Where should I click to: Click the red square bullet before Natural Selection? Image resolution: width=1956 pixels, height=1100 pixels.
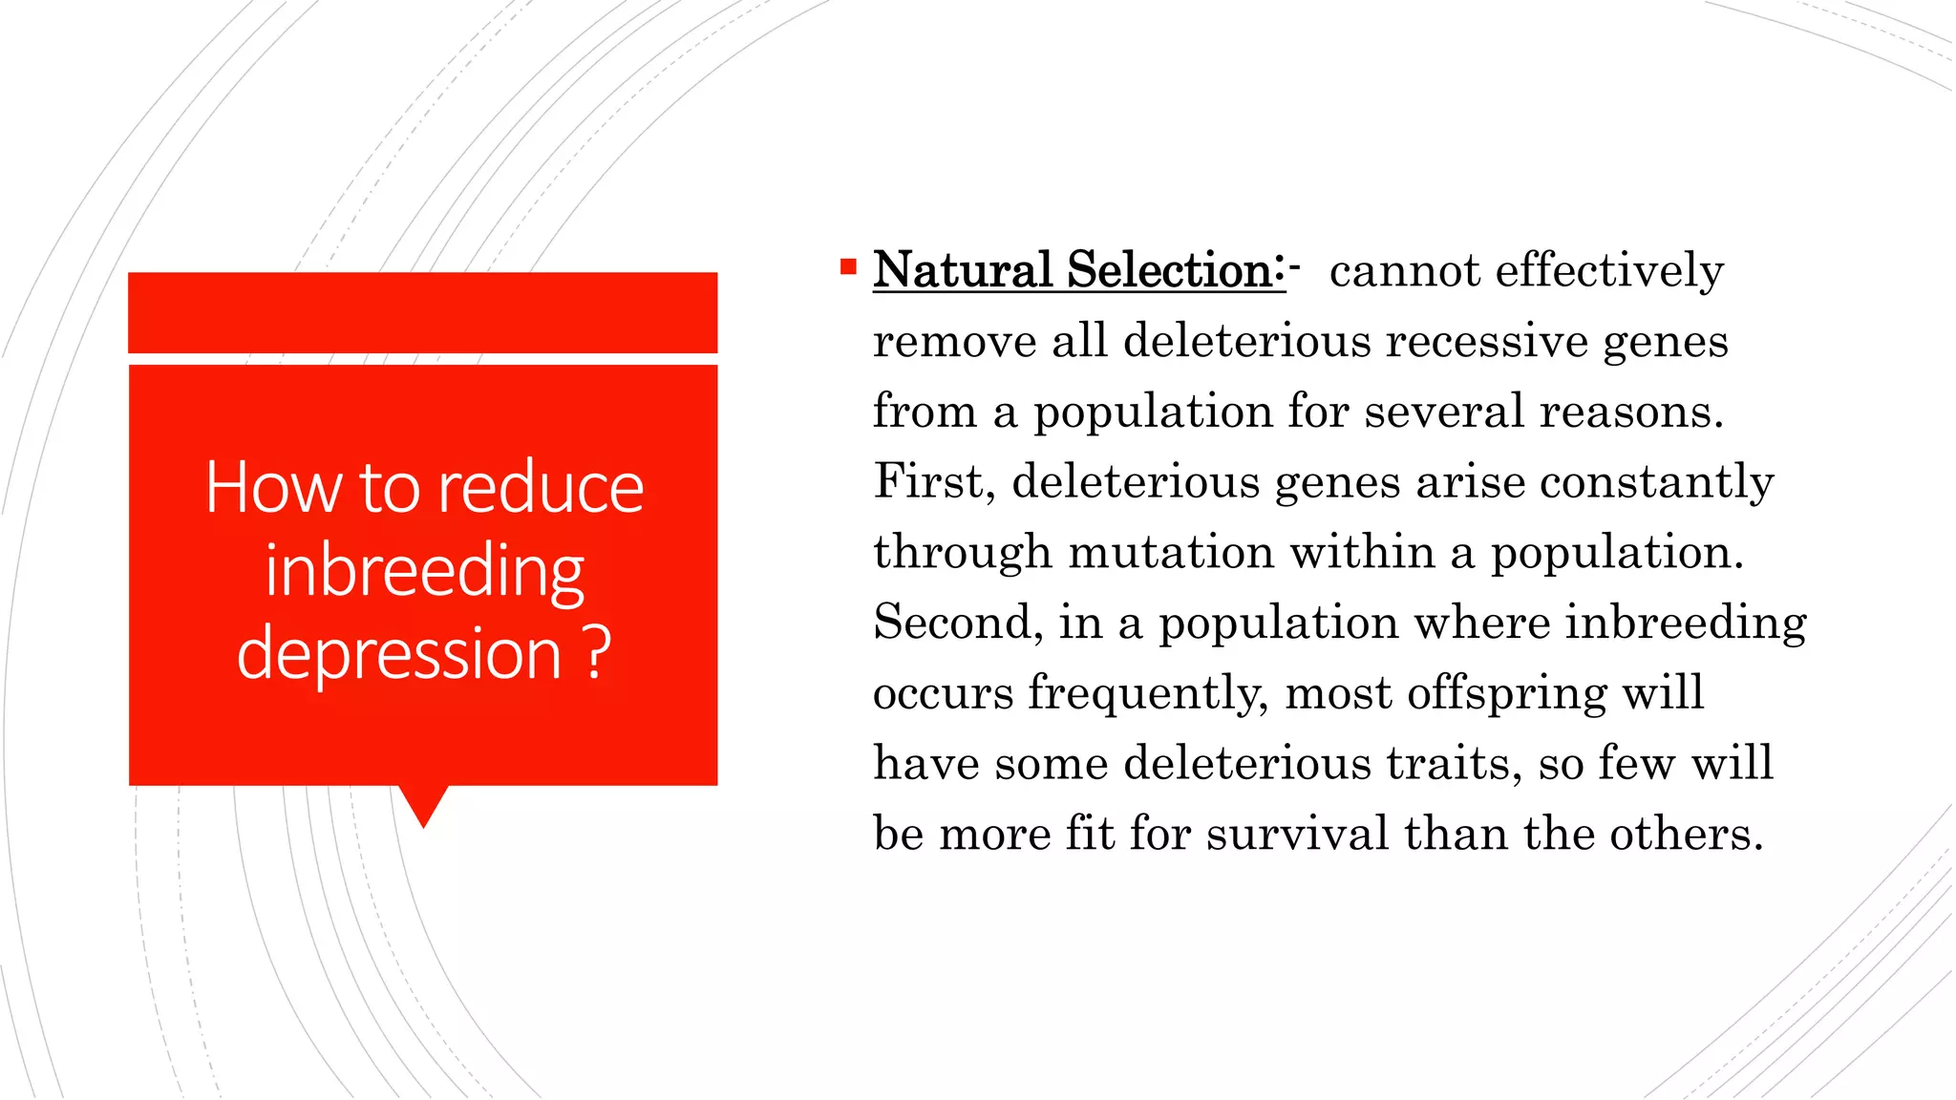pyautogui.click(x=848, y=267)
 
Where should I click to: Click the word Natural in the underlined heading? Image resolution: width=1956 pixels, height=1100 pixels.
pyautogui.click(x=963, y=270)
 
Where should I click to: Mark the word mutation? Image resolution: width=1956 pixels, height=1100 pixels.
pyautogui.click(x=1170, y=552)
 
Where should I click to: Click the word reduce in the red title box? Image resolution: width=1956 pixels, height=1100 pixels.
pyautogui.click(x=541, y=488)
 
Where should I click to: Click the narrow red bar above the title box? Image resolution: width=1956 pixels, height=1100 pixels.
pyautogui.click(x=422, y=312)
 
